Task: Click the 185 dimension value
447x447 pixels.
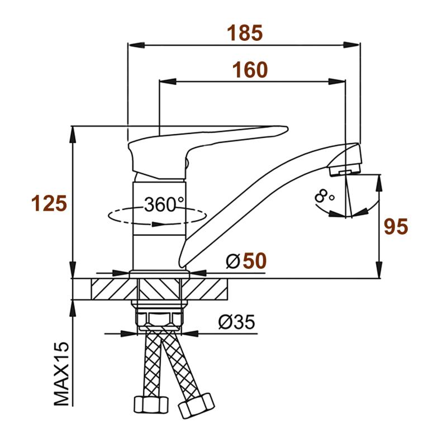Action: [245, 33]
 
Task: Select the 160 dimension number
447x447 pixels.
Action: [250, 70]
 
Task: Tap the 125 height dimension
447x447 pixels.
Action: [49, 203]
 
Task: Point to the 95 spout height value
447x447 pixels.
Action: [396, 227]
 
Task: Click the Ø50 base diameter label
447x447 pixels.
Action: [246, 260]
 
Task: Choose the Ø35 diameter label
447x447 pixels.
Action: [236, 322]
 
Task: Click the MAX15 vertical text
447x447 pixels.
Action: [61, 373]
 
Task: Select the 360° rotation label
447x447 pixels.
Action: [164, 205]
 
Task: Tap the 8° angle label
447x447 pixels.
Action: [325, 196]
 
